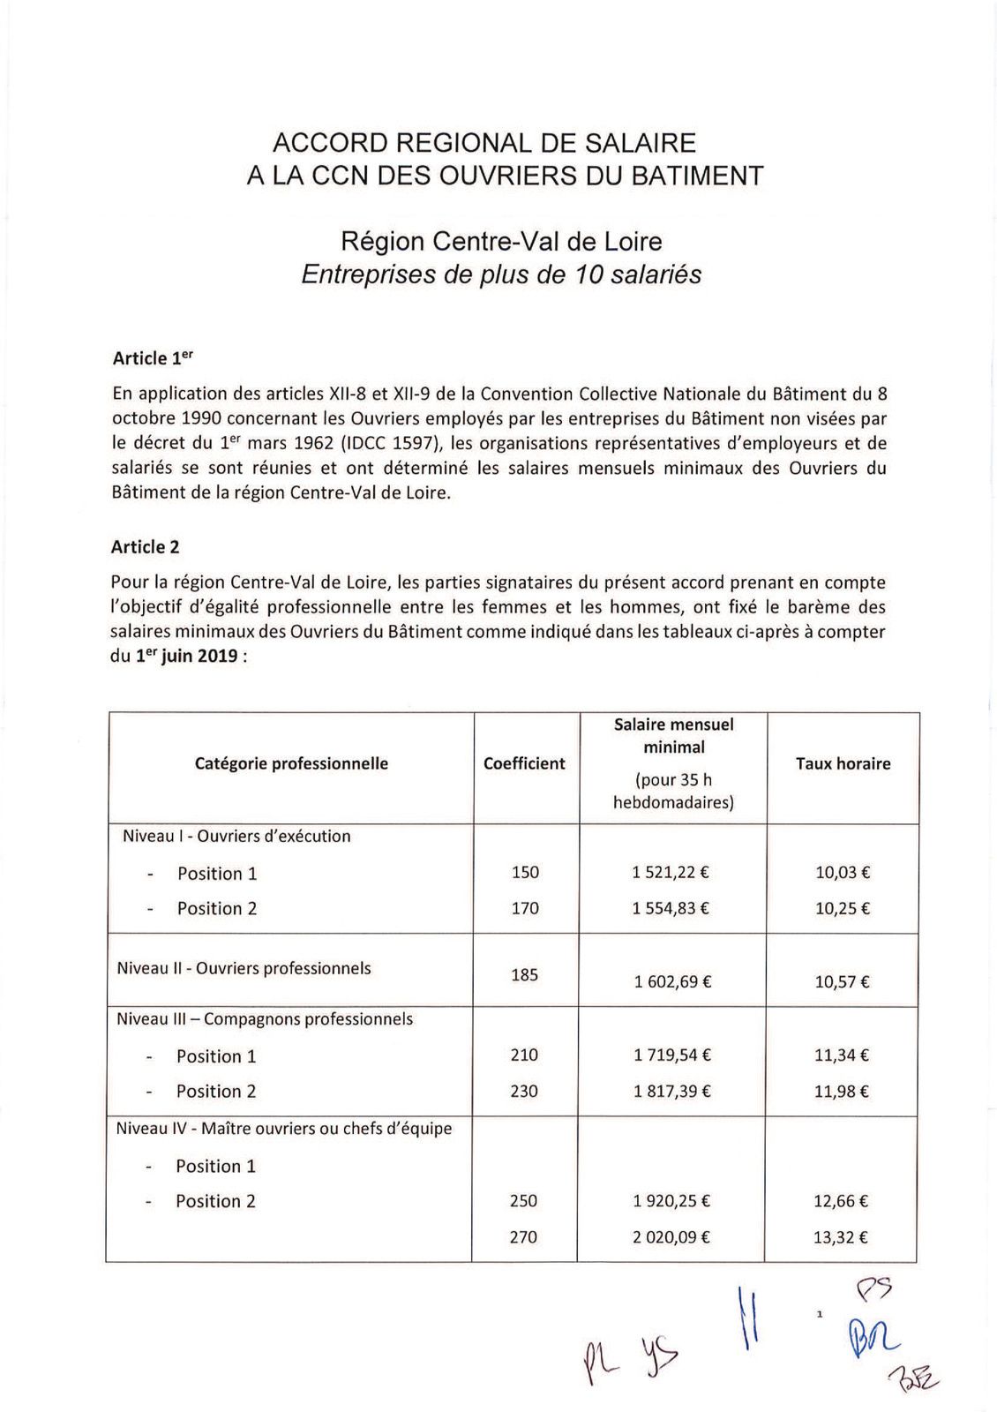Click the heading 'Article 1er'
pos(153,358)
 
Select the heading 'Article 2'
pos(146,547)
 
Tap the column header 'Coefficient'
pos(524,764)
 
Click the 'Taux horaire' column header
pos(843,764)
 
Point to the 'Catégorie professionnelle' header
pos(291,764)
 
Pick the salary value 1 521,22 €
pos(671,873)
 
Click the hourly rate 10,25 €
pos(843,909)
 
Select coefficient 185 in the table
pos(524,975)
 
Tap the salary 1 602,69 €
pos(672,981)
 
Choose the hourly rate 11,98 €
pos(842,1092)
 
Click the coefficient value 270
pos(523,1237)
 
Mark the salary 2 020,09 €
pos(671,1237)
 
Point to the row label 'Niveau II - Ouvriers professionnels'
pos(244,968)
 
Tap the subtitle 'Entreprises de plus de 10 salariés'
pos(501,274)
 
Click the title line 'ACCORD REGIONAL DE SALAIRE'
pos(484,143)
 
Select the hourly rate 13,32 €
pos(841,1237)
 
